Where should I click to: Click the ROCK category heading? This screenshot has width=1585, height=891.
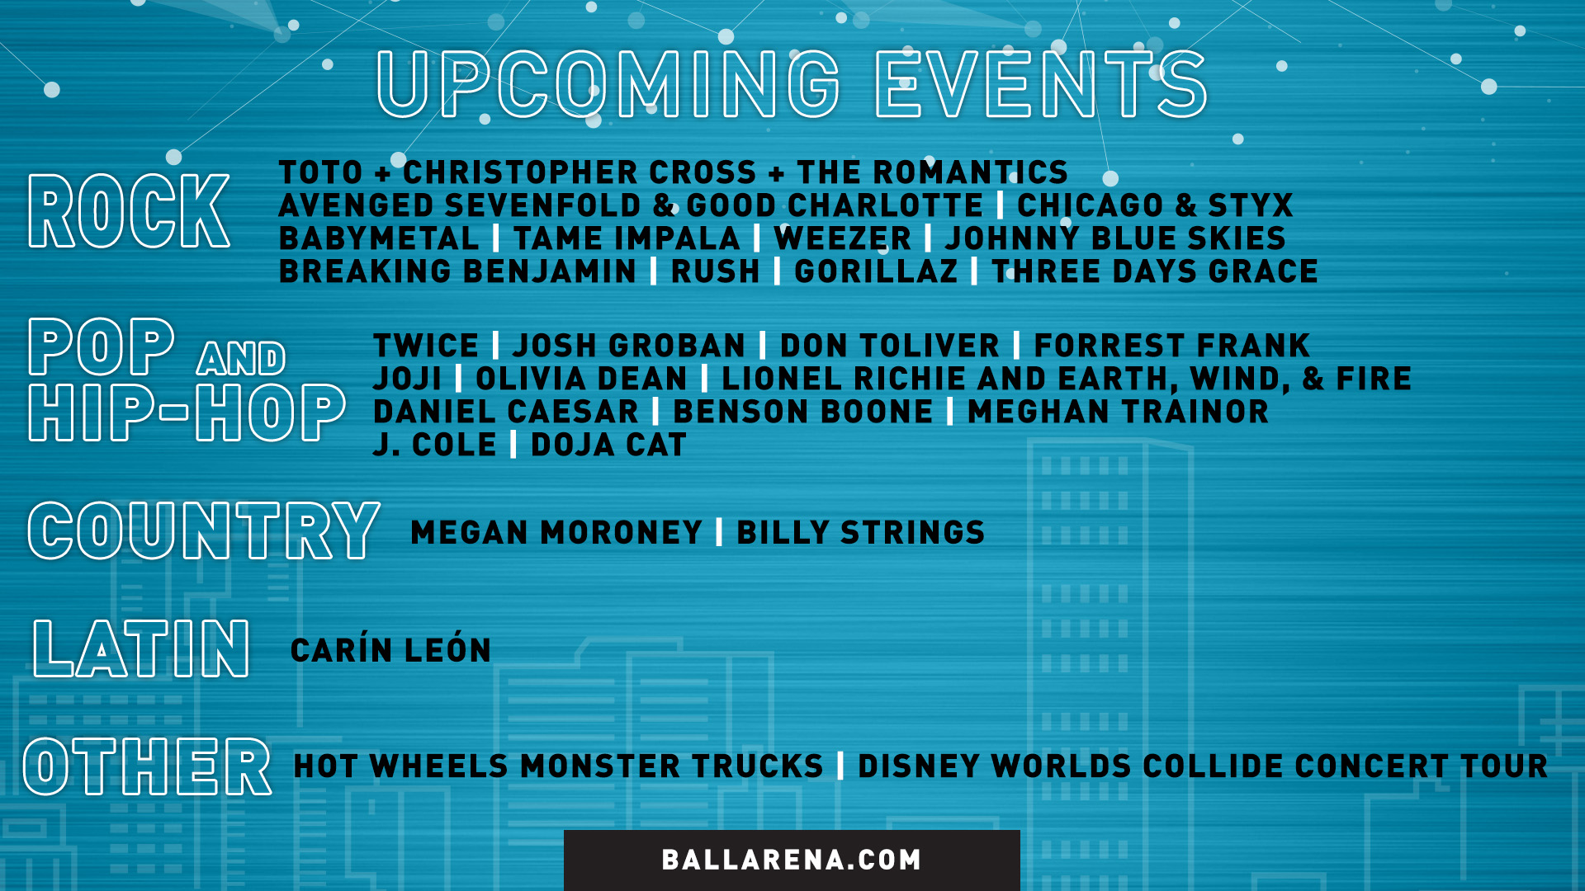click(x=129, y=211)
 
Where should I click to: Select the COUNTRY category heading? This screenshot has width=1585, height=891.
click(x=204, y=531)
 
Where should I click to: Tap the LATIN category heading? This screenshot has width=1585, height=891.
click(x=140, y=649)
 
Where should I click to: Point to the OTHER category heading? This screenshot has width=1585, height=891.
click(x=147, y=766)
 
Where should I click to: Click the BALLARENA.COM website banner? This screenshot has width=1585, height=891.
click(x=791, y=860)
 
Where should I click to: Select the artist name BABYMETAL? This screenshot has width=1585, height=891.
click(x=379, y=238)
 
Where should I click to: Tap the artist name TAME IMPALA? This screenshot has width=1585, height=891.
click(x=627, y=238)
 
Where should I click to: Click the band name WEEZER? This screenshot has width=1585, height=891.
click(x=842, y=238)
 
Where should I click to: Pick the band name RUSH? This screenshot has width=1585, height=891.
click(x=715, y=271)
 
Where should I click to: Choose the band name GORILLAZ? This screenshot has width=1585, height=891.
click(x=876, y=271)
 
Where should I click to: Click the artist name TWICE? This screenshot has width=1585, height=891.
click(x=426, y=346)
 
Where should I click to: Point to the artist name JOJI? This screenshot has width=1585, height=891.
click(x=407, y=379)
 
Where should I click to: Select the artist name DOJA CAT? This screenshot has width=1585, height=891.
click(x=608, y=445)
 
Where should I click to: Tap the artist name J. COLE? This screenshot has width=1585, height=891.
click(x=434, y=445)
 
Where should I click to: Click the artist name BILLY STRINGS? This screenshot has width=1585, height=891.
click(x=860, y=532)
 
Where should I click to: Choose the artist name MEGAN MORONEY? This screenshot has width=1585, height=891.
click(x=556, y=532)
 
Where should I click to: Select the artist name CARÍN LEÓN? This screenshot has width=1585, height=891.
click(x=390, y=649)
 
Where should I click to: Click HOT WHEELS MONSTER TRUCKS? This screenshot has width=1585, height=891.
click(x=558, y=766)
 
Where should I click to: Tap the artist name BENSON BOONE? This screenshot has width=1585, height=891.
click(x=802, y=412)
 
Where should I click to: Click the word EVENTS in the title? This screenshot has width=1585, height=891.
click(x=1041, y=84)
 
